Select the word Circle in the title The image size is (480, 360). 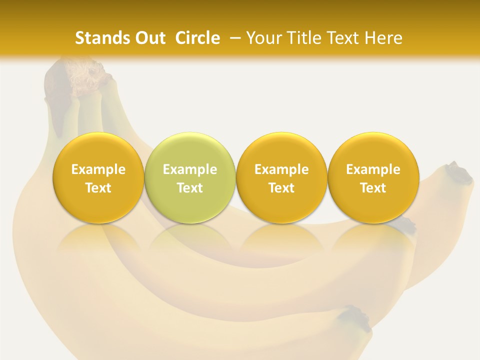pyautogui.click(x=197, y=38)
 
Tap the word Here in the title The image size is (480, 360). pyautogui.click(x=383, y=38)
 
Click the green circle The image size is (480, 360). pyautogui.click(x=190, y=177)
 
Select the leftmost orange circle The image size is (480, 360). pyautogui.click(x=98, y=177)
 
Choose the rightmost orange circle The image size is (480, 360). pyautogui.click(x=373, y=177)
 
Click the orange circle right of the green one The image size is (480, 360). pyautogui.click(x=281, y=177)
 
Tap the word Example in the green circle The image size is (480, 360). pyautogui.click(x=190, y=169)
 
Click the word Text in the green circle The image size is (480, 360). pyautogui.click(x=190, y=188)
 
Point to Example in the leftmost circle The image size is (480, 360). pyautogui.click(x=98, y=169)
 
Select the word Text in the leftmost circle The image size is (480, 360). pyautogui.click(x=98, y=188)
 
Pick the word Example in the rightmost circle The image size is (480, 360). pyautogui.click(x=373, y=169)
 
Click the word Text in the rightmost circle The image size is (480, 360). pyautogui.click(x=373, y=188)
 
